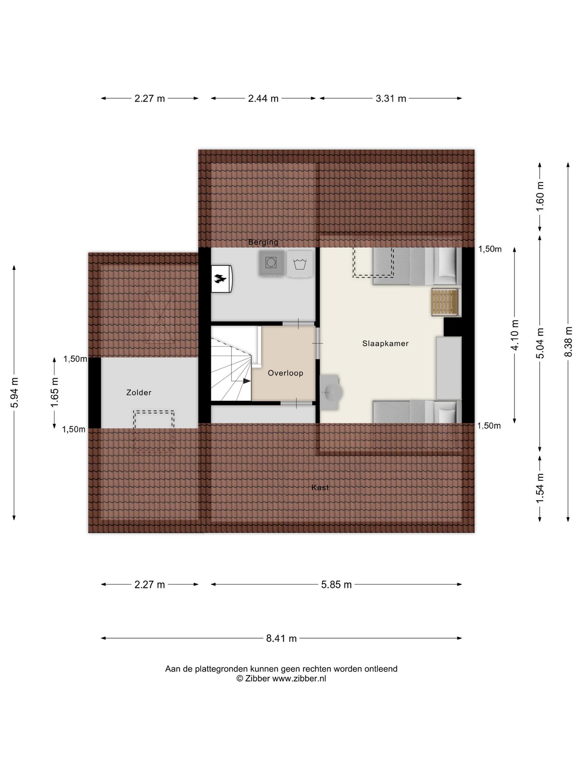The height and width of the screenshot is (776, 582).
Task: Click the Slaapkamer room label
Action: (385, 344)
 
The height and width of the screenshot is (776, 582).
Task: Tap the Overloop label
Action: (285, 373)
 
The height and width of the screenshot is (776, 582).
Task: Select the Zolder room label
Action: (139, 393)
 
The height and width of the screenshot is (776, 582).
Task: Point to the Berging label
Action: (263, 242)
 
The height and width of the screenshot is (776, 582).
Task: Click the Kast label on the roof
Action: (320, 488)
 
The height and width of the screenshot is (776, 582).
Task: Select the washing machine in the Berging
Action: (271, 263)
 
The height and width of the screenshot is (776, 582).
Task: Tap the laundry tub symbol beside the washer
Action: (300, 263)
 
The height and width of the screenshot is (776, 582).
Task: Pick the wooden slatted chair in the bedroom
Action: (446, 302)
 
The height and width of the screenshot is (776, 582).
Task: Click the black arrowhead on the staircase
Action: (246, 381)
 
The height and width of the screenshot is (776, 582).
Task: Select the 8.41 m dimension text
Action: (281, 638)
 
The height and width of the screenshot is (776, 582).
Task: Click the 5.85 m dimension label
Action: (336, 585)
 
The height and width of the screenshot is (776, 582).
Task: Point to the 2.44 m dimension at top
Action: (263, 99)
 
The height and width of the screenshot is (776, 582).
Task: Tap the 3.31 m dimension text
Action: (391, 99)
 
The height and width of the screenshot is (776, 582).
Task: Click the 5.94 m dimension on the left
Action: (14, 392)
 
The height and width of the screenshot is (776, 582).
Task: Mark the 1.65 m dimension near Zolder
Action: (55, 392)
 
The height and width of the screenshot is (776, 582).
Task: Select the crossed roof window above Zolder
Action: (160, 318)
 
